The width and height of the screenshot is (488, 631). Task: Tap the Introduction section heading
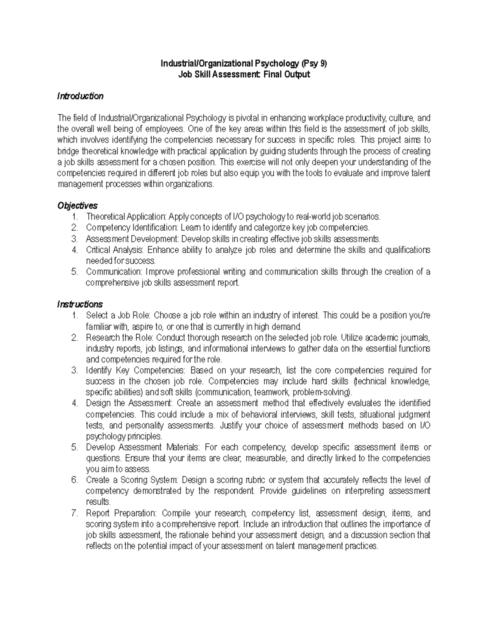[x=80, y=96]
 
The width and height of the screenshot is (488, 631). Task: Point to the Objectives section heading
[x=77, y=206]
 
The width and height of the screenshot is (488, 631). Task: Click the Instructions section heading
[x=80, y=304]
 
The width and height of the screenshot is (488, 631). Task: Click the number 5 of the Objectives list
[x=74, y=272]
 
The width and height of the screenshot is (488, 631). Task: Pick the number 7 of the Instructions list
[x=74, y=513]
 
